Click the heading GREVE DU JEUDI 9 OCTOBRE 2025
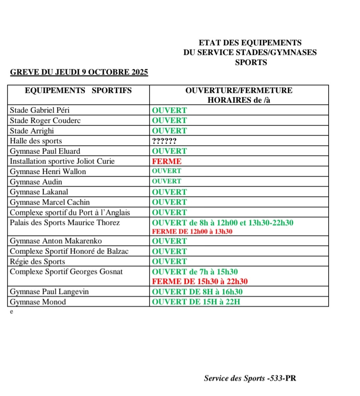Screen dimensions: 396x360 [79, 72]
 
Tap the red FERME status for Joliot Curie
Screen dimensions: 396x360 [167, 162]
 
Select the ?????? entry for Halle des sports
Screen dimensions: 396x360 [164, 141]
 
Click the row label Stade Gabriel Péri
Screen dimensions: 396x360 [40, 110]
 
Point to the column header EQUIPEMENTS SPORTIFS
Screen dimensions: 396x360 [78, 91]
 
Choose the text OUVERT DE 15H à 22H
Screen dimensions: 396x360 [196, 302]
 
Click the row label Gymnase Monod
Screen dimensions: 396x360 [38, 302]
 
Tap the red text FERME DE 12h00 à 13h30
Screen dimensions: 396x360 [192, 231]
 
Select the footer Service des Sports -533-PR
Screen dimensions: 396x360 [250, 378]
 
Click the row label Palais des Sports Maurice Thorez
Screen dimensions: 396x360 [65, 222]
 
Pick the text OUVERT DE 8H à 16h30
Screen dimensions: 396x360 [197, 292]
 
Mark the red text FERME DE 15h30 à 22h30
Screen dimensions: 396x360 [200, 281]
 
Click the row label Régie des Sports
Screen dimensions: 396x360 [37, 261]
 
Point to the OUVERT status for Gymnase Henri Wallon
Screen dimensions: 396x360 [167, 171]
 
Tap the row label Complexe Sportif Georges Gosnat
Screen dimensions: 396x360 [66, 272]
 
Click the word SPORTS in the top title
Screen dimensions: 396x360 [251, 63]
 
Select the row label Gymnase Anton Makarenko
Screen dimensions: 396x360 [56, 241]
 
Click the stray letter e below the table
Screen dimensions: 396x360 [12, 312]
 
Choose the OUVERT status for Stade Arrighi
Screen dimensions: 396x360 [169, 131]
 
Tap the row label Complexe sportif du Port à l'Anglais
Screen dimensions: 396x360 [70, 212]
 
